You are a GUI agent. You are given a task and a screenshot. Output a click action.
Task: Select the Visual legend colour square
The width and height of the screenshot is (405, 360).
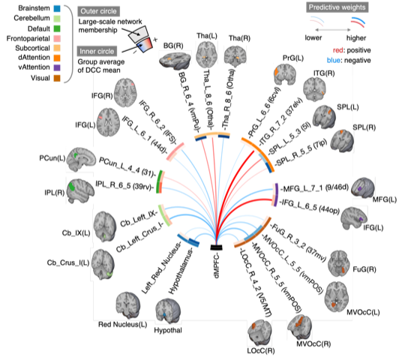tap(58, 75)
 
